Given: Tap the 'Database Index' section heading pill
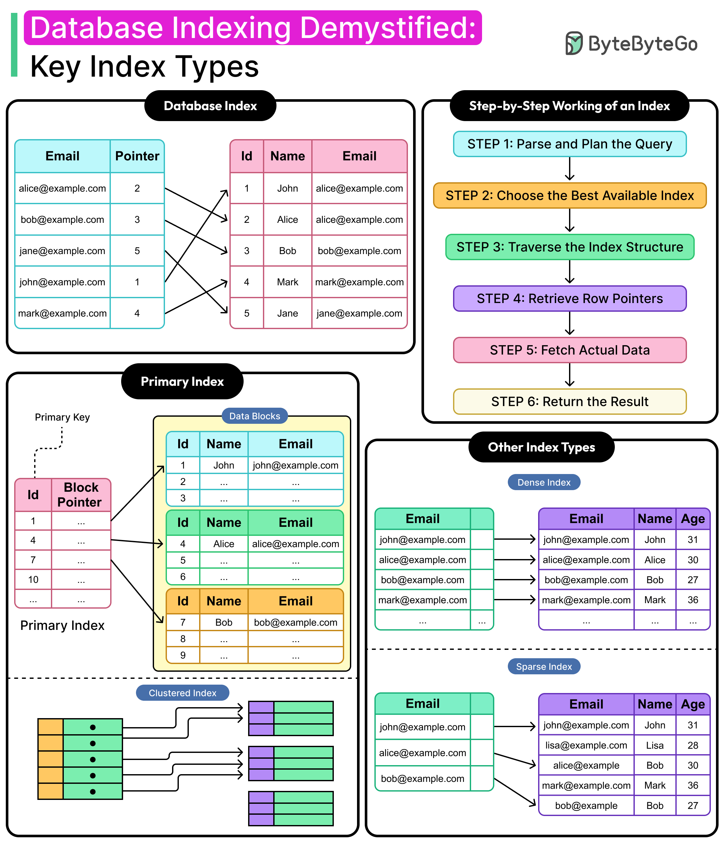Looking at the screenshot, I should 210,106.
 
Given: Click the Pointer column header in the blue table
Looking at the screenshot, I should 137,156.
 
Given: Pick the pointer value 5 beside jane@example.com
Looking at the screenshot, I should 137,251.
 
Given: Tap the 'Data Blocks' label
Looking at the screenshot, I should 255,416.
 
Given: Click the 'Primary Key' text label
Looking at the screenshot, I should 62,417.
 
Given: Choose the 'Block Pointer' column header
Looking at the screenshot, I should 81,495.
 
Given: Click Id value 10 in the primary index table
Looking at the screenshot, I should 33,580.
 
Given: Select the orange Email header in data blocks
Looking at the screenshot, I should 295,601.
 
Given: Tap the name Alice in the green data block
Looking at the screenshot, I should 224,544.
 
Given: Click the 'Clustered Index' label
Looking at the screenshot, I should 182,693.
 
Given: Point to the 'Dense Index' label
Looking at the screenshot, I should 544,482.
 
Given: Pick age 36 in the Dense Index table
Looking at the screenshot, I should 692,600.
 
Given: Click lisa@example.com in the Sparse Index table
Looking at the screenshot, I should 586,745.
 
